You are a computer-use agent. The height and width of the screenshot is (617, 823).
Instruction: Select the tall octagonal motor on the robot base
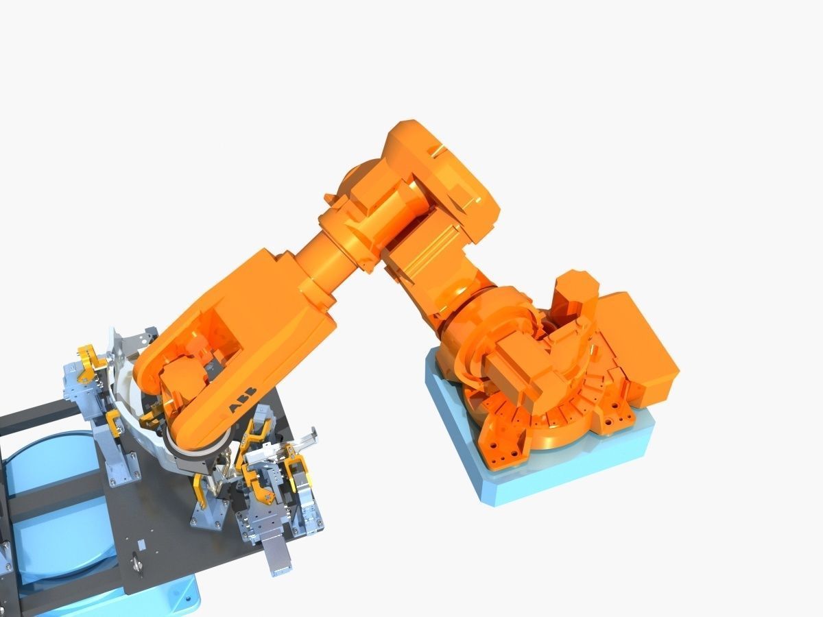point(575,302)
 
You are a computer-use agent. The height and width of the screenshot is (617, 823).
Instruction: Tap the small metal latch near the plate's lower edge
point(137,562)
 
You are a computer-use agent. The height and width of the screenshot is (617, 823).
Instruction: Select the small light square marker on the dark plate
point(142,544)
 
